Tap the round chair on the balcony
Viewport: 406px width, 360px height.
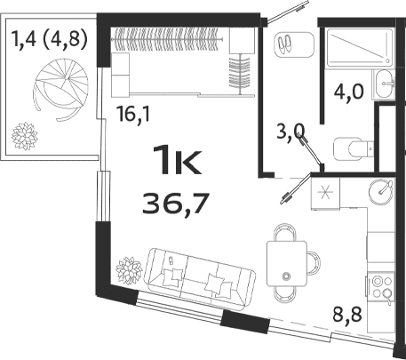55,87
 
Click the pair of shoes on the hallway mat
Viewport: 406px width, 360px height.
287,43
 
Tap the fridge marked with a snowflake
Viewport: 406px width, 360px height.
324,195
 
